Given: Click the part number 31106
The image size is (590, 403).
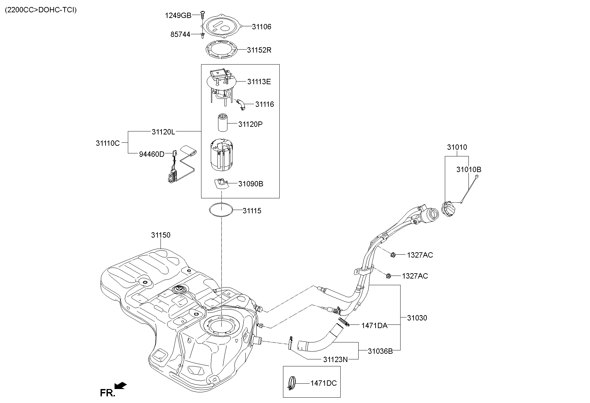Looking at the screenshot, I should click(x=261, y=27).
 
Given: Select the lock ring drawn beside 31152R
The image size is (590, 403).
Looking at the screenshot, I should click(x=221, y=49).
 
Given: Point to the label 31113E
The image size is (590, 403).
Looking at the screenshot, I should click(x=259, y=82).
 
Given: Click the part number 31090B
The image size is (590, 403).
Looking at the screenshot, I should click(x=250, y=184).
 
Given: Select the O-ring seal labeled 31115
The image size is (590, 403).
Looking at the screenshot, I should click(x=221, y=210).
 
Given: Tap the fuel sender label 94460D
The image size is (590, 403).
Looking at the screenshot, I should click(x=151, y=154).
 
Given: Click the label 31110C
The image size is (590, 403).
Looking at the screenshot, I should click(x=108, y=143).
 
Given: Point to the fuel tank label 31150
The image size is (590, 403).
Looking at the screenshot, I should click(x=160, y=235).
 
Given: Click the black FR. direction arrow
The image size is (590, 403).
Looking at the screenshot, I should click(x=120, y=385).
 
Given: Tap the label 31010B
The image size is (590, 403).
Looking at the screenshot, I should click(x=468, y=169).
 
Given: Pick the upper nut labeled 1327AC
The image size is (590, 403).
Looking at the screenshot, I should click(x=393, y=255).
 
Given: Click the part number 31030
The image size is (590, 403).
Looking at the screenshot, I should click(x=417, y=318).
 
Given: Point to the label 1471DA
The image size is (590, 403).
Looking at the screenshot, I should click(x=374, y=325).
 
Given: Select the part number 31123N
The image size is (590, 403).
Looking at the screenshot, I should click(x=335, y=359).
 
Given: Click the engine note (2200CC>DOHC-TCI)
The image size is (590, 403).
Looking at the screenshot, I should click(x=41, y=10).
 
